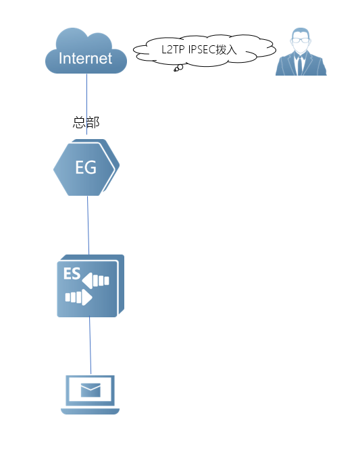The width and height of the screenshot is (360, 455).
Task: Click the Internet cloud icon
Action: coord(86,51)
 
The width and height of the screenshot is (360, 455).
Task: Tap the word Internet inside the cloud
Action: coord(85,58)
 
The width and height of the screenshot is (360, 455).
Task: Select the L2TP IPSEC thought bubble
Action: coord(205,51)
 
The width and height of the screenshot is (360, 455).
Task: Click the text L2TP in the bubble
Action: coord(173,50)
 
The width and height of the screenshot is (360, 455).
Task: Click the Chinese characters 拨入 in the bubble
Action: coord(226,50)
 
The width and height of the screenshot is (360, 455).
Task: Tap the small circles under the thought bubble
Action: coord(178,68)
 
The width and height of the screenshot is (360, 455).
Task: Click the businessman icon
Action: coord(301,52)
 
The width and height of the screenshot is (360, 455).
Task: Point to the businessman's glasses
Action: coord(301,41)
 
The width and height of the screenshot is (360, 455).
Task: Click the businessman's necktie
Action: coord(300,65)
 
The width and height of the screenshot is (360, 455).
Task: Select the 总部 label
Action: coord(86,122)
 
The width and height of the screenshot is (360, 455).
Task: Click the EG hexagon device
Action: coord(86,167)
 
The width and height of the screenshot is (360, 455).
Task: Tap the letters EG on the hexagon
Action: coord(86,167)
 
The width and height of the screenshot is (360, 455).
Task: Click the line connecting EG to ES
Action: coord(88,225)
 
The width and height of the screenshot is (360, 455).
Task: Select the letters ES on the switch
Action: coord(72,273)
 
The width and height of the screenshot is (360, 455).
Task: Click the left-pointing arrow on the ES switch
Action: coord(95,281)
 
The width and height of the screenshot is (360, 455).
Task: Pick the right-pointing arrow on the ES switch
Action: coord(78,297)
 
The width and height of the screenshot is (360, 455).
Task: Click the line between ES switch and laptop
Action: coord(90,346)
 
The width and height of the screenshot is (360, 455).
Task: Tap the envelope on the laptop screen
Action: coord(91,390)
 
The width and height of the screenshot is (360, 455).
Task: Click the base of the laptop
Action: coord(90,412)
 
